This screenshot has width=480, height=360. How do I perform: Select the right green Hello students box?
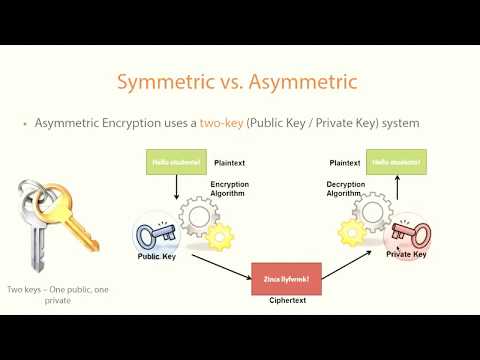tap(394, 162)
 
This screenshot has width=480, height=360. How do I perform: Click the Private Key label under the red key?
tap(406, 255)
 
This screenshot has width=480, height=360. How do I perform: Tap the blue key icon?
tap(157, 233)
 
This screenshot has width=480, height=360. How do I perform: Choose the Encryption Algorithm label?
tap(229, 190)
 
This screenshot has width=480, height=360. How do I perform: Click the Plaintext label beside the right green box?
tap(345, 161)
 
